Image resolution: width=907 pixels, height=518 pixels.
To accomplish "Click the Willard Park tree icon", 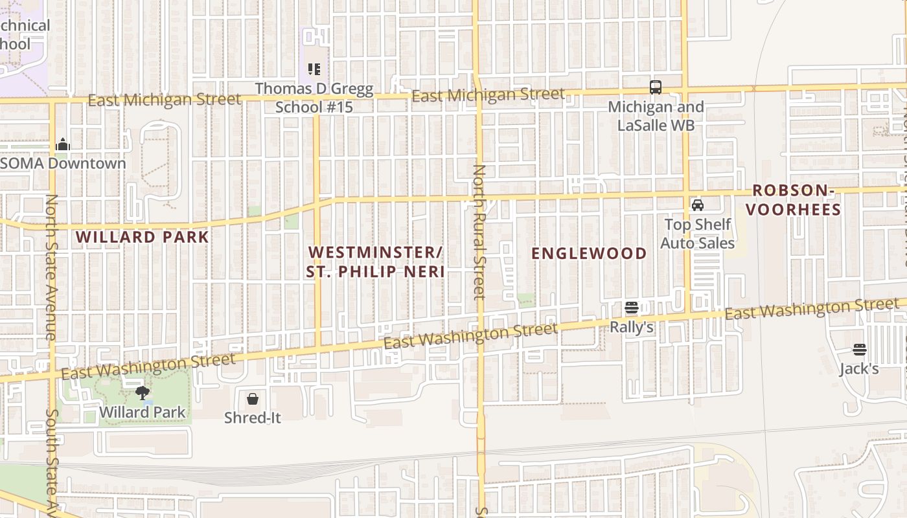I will (x=143, y=392).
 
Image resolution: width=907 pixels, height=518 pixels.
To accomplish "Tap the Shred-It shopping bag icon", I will (x=253, y=399).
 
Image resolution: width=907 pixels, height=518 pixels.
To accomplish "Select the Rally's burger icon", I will (x=632, y=308).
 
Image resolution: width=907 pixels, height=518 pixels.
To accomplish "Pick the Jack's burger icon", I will (x=860, y=350).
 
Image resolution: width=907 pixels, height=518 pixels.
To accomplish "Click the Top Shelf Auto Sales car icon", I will (x=698, y=205).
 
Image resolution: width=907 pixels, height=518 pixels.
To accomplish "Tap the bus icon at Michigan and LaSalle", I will (x=656, y=87).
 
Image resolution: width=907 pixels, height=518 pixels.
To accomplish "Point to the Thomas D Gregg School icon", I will (x=314, y=69).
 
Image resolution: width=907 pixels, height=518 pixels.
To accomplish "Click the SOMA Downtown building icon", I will (x=63, y=144).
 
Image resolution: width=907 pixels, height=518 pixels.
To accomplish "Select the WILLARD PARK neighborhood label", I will (x=143, y=237).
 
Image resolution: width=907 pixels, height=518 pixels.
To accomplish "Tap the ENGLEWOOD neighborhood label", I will (x=589, y=253).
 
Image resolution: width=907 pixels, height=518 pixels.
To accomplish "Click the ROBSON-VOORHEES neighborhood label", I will (x=796, y=200).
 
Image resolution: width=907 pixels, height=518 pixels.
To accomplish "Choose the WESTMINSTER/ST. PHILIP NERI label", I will (x=376, y=262).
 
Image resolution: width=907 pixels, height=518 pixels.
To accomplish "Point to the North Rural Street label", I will (x=479, y=232).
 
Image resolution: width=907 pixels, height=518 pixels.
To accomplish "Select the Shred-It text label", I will (x=253, y=418).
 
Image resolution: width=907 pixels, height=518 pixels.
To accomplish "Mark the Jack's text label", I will (x=859, y=369).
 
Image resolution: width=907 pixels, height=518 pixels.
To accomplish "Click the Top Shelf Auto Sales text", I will (x=698, y=234).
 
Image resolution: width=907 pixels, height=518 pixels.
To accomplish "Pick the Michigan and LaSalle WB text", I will (x=656, y=116).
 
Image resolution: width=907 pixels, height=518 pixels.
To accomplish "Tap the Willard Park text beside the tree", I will (x=143, y=412).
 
